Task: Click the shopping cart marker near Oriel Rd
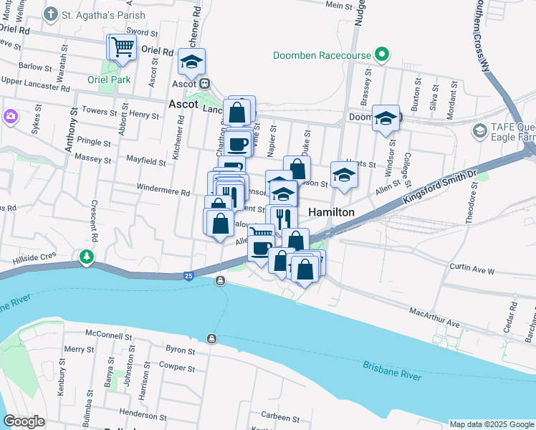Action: pos(121,47)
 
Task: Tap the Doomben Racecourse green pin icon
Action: pos(382,55)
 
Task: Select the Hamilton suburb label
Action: pos(331,213)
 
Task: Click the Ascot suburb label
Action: pos(183,104)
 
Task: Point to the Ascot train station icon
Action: pos(204,83)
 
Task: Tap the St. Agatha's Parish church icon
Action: pos(50,14)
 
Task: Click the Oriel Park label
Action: pos(109,80)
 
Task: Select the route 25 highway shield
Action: pos(188,275)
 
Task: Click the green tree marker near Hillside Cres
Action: pos(87,256)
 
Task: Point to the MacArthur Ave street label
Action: pos(434,318)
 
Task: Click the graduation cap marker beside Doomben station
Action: pos(386,119)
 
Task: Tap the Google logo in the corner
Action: pos(24,422)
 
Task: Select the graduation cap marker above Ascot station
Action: pos(191,62)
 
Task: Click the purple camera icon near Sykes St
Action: pos(10,115)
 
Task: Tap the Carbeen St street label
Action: pos(279,416)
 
